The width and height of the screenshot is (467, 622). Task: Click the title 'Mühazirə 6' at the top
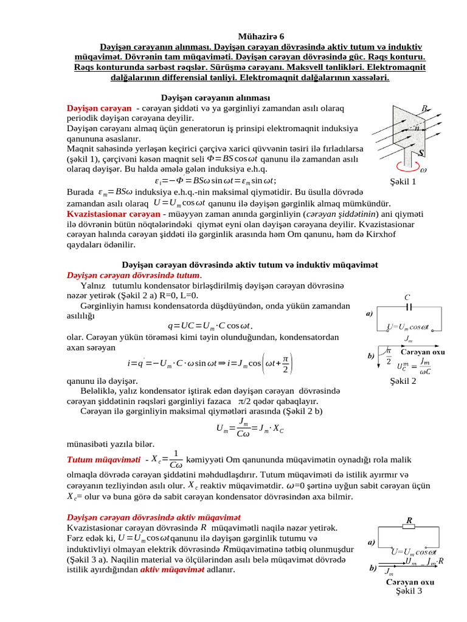pos(255,36)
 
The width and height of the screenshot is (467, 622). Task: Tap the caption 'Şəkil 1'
pos(403,181)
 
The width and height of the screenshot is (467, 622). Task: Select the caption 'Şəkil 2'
pos(403,381)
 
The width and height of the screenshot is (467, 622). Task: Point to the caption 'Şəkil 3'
pos(409,590)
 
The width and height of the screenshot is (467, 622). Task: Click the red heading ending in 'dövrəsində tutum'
pos(133,275)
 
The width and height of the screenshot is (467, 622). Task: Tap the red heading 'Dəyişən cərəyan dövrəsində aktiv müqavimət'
pos(153,517)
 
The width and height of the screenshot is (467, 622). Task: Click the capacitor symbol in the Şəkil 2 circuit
pos(409,307)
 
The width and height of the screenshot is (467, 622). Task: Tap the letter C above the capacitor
pos(407,297)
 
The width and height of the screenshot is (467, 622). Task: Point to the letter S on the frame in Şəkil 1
pos(421,153)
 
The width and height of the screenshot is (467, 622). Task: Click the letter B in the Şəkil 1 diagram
pos(424,108)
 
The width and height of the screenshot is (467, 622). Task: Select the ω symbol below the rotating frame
pos(423,170)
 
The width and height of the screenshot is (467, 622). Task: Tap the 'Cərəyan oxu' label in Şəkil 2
pos(422,352)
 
